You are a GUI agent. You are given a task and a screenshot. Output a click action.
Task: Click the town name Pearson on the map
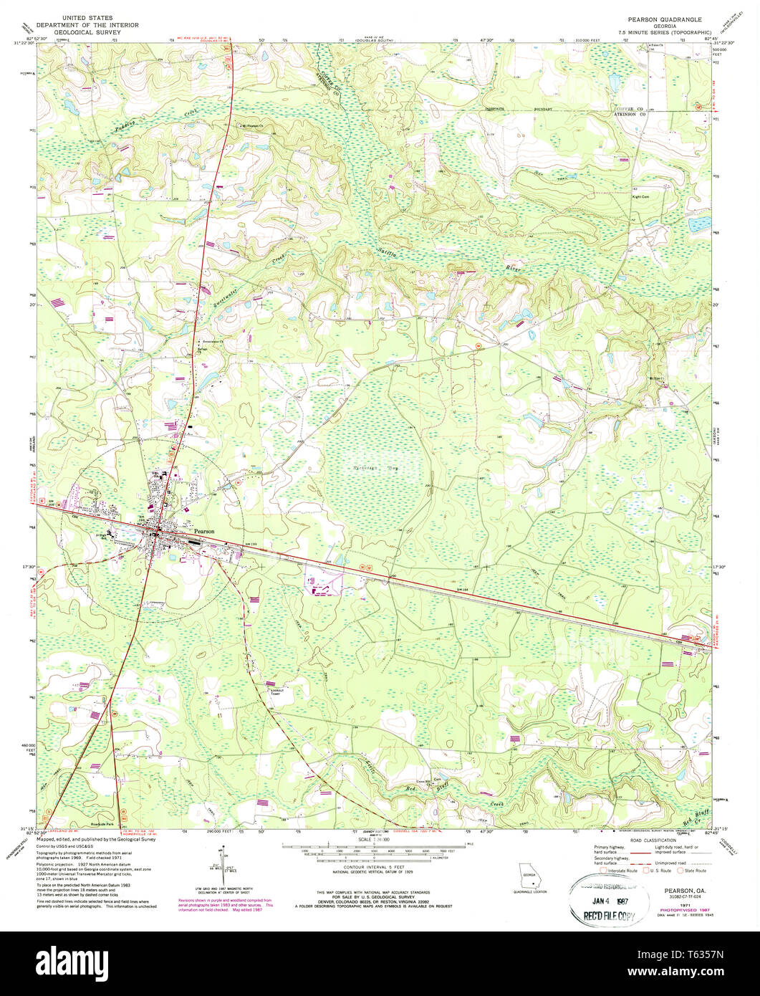(x=203, y=531)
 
